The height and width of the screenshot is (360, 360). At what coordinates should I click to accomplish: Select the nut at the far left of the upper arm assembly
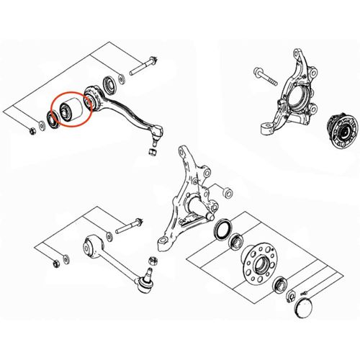[x=33, y=132]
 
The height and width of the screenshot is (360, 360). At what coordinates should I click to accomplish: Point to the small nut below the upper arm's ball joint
[x=153, y=151]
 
